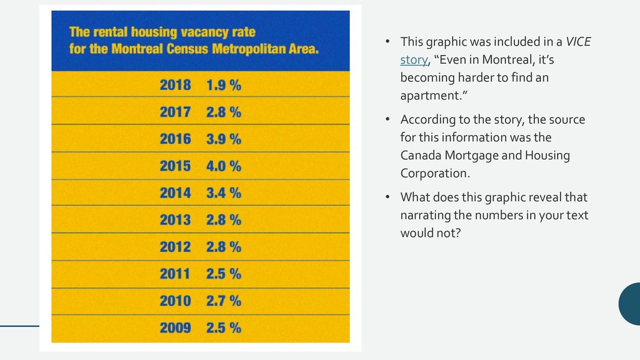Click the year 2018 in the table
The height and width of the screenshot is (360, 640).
pos(175,86)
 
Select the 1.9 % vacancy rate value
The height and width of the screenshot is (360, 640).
pos(224,86)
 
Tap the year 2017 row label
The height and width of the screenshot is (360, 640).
pos(175,112)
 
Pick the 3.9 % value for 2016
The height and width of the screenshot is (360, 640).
pos(224,139)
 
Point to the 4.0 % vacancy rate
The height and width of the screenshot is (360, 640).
pos(224,166)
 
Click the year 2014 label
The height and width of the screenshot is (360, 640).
pos(175,193)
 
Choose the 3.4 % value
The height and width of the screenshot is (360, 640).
pos(224,193)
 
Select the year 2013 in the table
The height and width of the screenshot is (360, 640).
pos(175,220)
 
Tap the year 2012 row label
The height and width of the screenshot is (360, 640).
pos(175,247)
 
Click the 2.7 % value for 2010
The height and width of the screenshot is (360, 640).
pos(224,301)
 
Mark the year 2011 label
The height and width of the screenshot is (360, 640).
pos(175,274)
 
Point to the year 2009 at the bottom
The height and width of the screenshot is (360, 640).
pos(175,327)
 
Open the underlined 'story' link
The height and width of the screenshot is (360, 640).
pos(414,60)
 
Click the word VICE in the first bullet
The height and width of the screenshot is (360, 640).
pos(577,42)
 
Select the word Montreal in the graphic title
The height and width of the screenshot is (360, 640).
pos(136,49)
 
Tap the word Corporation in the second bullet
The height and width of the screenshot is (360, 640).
pos(434,173)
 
